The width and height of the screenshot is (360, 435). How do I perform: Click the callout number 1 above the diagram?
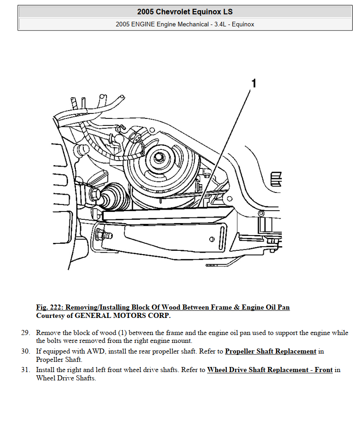pyautogui.click(x=253, y=83)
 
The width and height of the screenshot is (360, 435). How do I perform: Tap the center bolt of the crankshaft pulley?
pyautogui.click(x=159, y=157)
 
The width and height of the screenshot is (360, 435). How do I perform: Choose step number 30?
pyautogui.click(x=25, y=351)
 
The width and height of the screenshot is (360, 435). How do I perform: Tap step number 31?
pyautogui.click(x=25, y=370)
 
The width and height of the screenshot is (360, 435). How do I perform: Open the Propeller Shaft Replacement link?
pyautogui.click(x=270, y=351)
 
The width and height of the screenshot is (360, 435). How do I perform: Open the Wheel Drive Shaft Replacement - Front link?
pyautogui.click(x=270, y=370)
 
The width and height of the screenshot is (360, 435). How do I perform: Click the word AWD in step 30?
pyautogui.click(x=94, y=351)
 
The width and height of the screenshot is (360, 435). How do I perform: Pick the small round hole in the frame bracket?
pyautogui.click(x=211, y=239)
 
